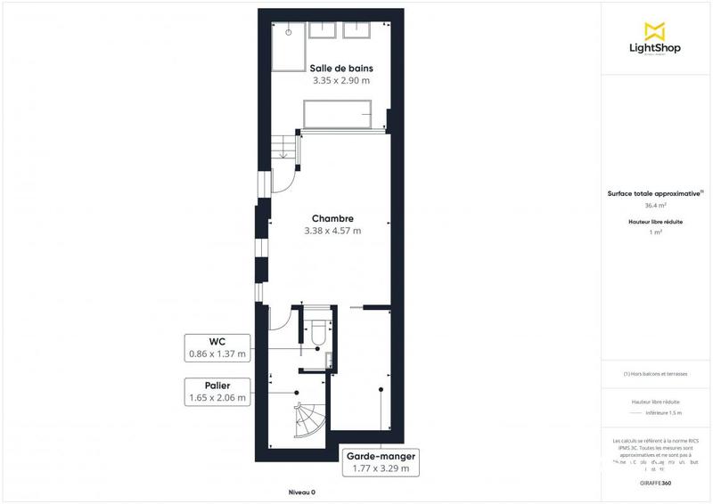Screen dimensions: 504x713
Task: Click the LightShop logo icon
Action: coord(655,28)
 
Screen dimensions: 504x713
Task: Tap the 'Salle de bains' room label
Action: coord(341,69)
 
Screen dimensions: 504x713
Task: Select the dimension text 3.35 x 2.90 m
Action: coord(341,80)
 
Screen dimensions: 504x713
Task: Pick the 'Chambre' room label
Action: coord(332,218)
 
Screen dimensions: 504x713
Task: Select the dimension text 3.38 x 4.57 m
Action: coord(332,231)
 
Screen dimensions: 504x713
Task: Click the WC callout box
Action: coord(217,347)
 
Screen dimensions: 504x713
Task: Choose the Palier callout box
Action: coord(217,392)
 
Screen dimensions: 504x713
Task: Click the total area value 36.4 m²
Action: coord(655,205)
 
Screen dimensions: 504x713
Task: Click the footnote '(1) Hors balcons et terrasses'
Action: coord(655,374)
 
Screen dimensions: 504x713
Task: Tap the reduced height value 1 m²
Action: coord(655,232)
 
